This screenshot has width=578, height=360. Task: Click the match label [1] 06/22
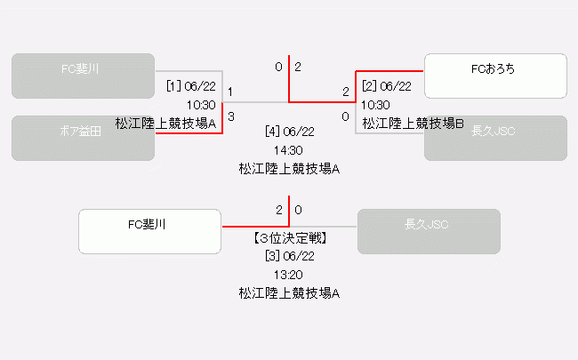(x=190, y=86)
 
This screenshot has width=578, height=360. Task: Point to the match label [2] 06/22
(x=387, y=86)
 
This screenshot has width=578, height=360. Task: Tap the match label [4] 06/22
(x=289, y=132)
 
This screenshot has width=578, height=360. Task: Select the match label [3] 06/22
(x=289, y=256)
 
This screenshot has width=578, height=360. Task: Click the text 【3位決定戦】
(x=289, y=238)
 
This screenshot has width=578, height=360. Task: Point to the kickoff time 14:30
(x=289, y=149)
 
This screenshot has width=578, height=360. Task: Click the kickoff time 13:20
(x=289, y=274)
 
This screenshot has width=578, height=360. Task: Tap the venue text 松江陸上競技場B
(x=413, y=123)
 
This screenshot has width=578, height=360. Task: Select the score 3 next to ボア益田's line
(x=231, y=116)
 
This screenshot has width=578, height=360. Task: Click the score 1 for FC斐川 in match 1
(x=231, y=92)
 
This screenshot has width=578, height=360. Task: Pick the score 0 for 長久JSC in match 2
(x=345, y=116)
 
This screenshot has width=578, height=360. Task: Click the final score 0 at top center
(x=278, y=67)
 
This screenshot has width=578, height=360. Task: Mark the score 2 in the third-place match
(x=278, y=210)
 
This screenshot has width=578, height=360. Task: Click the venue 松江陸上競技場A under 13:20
(x=289, y=292)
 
